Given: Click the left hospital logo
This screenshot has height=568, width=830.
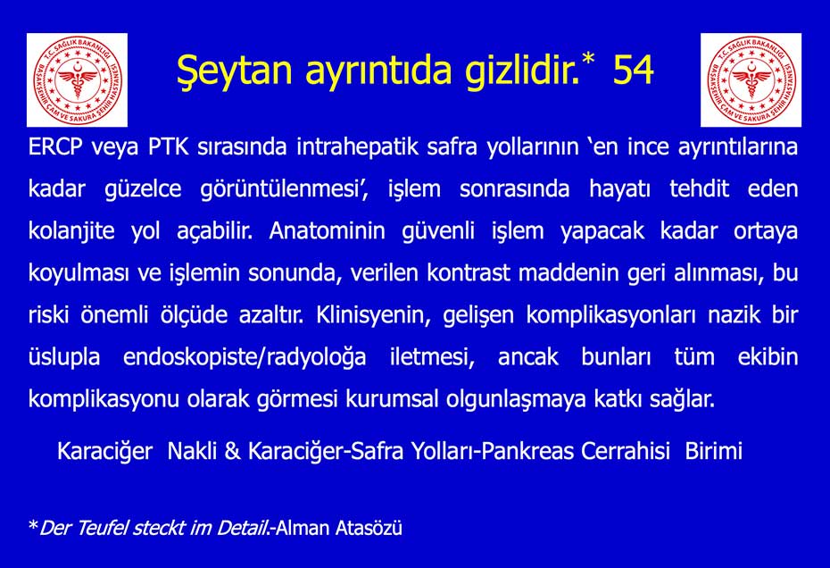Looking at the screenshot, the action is point(78,80).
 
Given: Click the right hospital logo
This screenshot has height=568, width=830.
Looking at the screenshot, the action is point(751,80).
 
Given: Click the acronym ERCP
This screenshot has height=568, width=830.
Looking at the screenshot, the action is point(55,146).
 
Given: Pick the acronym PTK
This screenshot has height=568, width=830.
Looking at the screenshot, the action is point(169,146).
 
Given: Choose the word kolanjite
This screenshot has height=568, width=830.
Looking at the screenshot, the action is point(71,231).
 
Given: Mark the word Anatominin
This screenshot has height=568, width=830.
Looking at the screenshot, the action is point(328,231).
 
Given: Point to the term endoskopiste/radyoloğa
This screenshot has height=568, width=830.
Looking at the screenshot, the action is point(245,357).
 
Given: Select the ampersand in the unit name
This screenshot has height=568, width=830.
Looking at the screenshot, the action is point(232,451).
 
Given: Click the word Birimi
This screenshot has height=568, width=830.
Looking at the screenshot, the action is point(714,451).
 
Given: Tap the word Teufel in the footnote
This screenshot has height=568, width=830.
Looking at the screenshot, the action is point(103,529).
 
